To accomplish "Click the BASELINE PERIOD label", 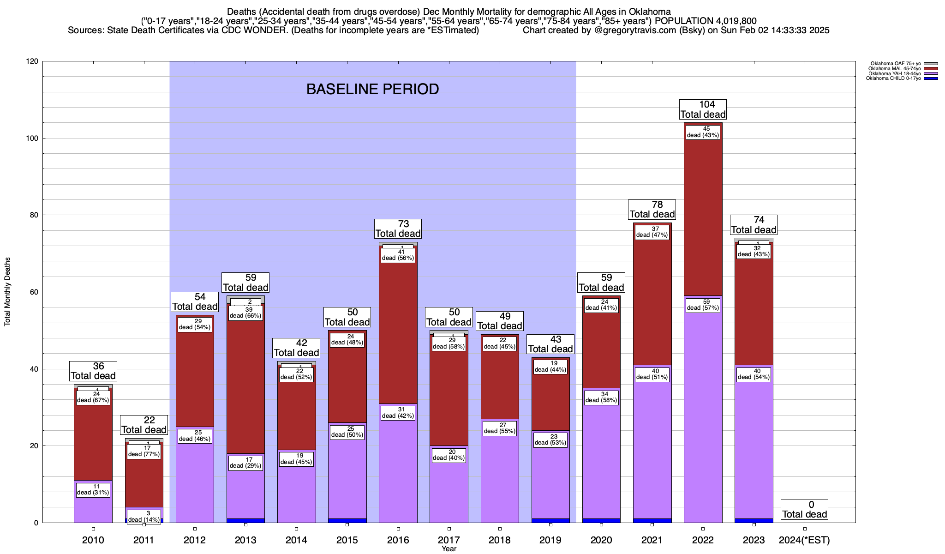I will click(372, 89).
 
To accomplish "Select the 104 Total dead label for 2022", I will click(703, 109).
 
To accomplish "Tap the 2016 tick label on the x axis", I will click(398, 540).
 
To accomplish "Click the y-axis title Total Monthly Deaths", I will click(7, 292).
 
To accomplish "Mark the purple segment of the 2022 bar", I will click(703, 415).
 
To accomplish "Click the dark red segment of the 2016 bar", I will click(398, 332).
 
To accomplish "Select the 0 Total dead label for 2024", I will click(804, 509).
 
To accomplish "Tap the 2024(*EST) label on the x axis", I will click(804, 540).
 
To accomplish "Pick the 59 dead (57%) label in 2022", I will click(703, 305).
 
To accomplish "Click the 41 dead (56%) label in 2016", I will click(398, 255).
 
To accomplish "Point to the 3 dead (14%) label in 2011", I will click(144, 516).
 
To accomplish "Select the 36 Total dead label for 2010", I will click(93, 371).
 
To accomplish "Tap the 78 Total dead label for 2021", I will click(652, 209).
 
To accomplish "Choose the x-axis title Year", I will click(449, 548).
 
